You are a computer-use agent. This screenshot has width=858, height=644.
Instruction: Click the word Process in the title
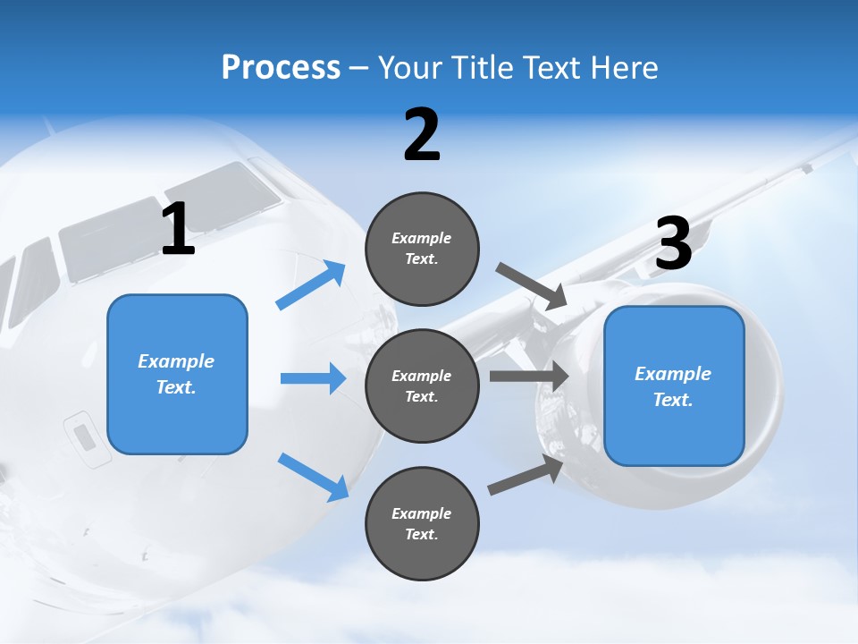pyautogui.click(x=281, y=67)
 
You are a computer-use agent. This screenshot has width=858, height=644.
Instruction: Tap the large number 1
pyautogui.click(x=178, y=229)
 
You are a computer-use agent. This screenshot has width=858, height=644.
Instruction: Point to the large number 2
pyautogui.click(x=422, y=135)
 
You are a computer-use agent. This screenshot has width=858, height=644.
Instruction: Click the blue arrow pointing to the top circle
pyautogui.click(x=311, y=285)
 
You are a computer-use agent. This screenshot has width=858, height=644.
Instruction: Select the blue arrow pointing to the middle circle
pyautogui.click(x=313, y=378)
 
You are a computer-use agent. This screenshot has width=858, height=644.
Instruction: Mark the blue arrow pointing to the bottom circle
pyautogui.click(x=313, y=476)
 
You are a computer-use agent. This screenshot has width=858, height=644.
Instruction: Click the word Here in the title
pyautogui.click(x=626, y=67)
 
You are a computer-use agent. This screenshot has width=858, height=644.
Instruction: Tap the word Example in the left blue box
pyautogui.click(x=176, y=361)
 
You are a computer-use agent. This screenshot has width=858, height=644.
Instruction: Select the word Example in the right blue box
pyautogui.click(x=673, y=374)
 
